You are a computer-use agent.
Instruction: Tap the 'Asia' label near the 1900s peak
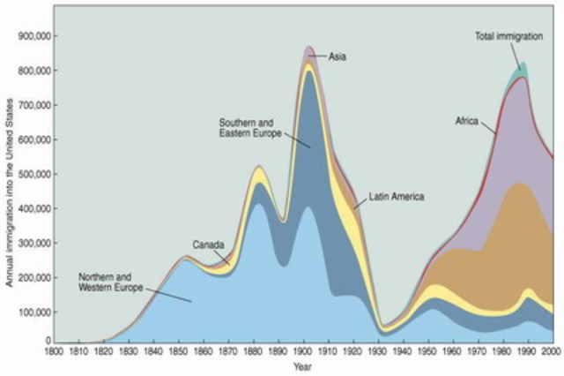tap(337, 56)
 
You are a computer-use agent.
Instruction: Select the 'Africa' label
tap(467, 120)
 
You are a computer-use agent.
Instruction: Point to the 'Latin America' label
tap(397, 196)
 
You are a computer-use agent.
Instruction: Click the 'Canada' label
tap(208, 244)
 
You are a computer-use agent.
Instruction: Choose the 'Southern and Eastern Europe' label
tap(250, 126)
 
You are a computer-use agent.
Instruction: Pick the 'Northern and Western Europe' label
tap(110, 282)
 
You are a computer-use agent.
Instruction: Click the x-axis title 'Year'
tap(304, 365)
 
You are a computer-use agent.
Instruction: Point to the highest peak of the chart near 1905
tap(309, 47)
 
